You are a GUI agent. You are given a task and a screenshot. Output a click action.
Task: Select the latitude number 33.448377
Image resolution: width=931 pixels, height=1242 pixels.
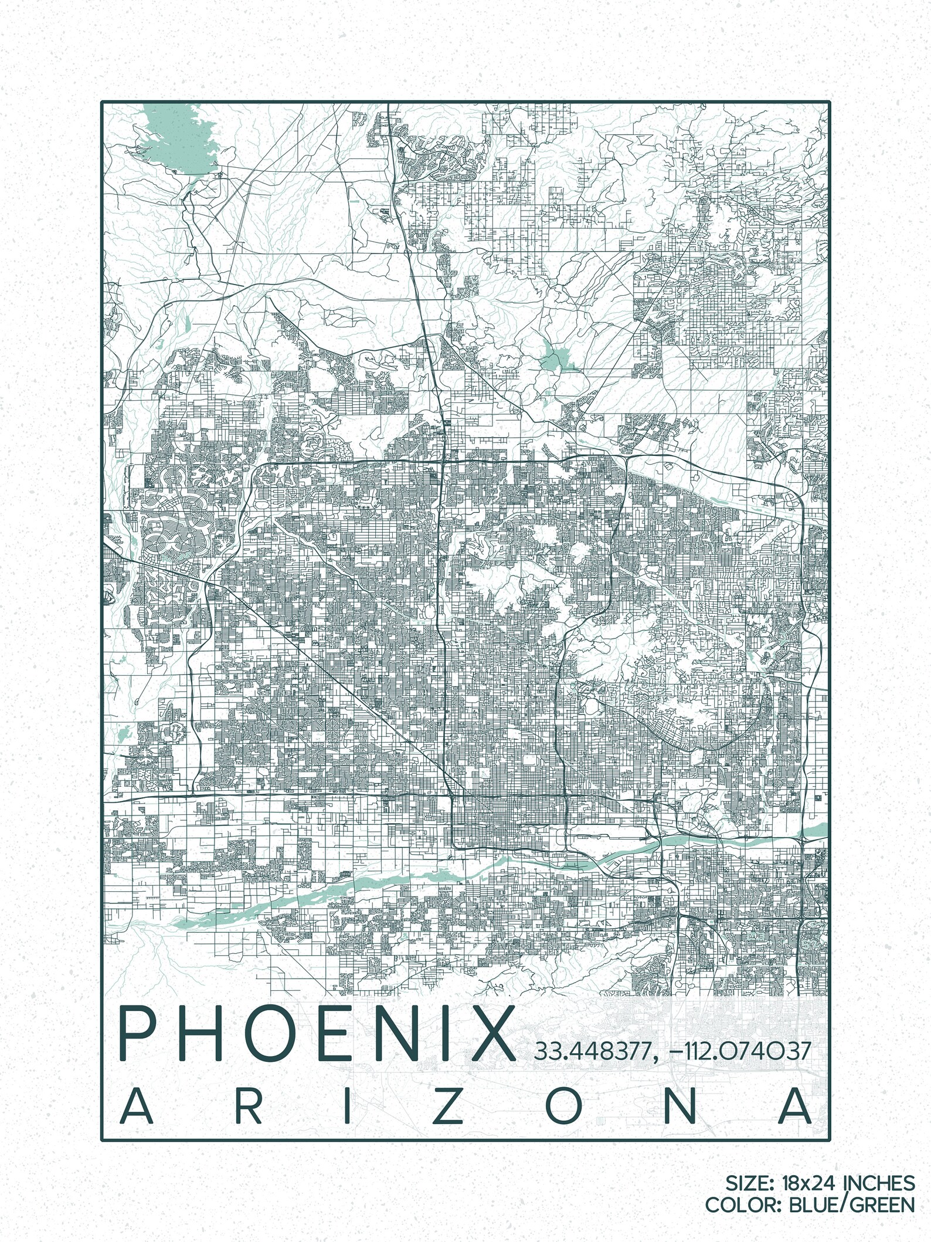point(590,1050)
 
